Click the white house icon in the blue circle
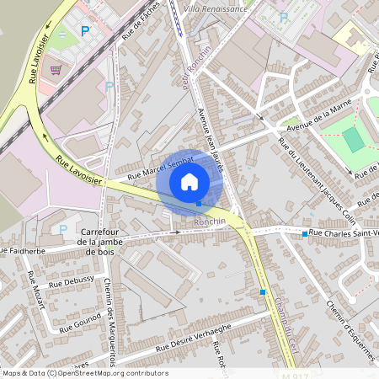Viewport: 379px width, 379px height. click(x=189, y=181)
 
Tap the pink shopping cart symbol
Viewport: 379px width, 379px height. click(x=56, y=70)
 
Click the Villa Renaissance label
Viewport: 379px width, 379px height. click(x=215, y=8)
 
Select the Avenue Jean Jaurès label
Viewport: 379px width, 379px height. click(x=209, y=140)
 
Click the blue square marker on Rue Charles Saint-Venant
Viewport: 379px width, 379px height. click(x=305, y=233)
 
